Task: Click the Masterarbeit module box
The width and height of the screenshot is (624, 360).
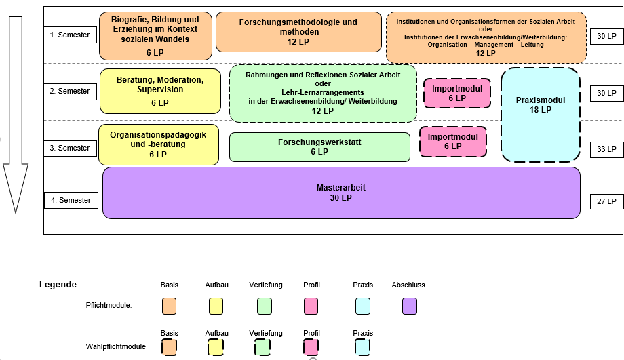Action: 341,193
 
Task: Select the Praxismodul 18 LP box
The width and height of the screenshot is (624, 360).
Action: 541,115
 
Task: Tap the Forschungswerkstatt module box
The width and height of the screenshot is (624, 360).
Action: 319,147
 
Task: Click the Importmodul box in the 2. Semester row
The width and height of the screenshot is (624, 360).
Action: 456,94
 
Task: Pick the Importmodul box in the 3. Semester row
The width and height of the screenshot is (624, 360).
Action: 452,141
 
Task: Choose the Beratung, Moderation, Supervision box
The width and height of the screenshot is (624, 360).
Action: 160,91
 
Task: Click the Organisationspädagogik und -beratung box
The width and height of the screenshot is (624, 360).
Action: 159,144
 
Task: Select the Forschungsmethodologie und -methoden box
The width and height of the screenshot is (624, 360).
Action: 298,32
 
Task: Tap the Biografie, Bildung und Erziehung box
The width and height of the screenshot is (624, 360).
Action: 155,35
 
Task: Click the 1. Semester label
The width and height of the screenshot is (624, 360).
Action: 70,35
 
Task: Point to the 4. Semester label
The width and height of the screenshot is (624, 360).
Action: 70,201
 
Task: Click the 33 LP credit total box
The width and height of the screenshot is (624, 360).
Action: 606,149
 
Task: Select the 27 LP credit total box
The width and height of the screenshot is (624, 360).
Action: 606,201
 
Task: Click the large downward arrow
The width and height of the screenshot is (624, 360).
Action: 16,115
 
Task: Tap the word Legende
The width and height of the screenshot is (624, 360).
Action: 58,285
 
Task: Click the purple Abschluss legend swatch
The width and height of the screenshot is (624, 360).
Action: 409,306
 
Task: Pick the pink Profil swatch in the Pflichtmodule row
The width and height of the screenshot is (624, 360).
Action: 311,306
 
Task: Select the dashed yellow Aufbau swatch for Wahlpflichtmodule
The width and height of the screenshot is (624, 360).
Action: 216,347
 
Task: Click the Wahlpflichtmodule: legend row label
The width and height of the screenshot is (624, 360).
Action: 117,346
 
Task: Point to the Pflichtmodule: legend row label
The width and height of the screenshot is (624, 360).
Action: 109,306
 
